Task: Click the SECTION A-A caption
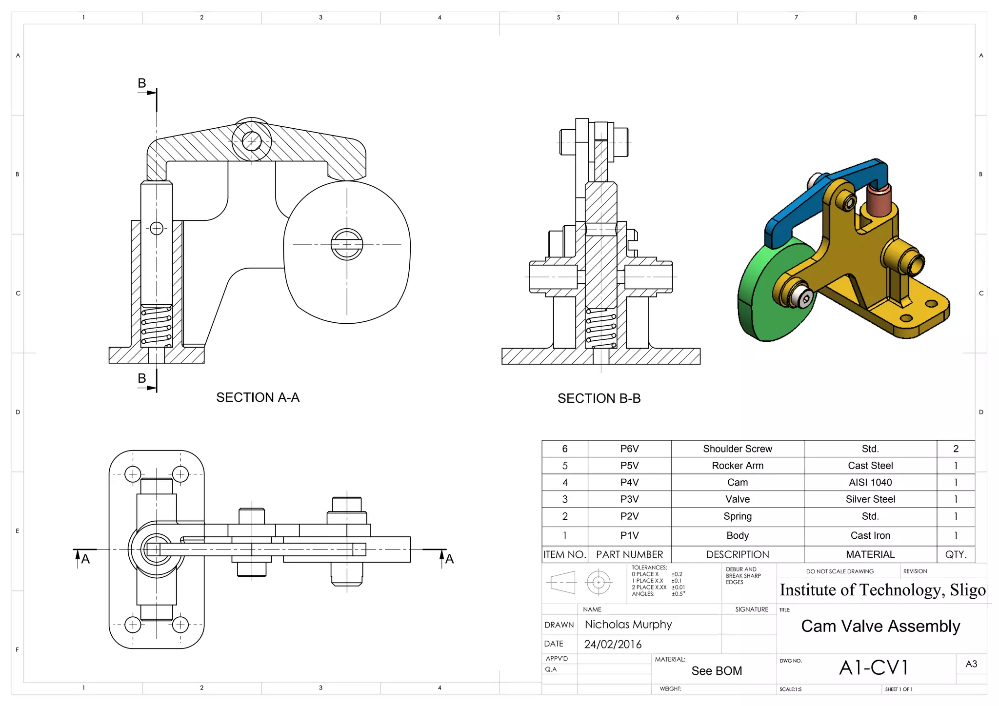[x=258, y=397]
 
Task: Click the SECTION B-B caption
[x=599, y=398]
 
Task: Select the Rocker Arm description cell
[x=737, y=466]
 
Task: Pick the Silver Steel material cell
[x=870, y=499]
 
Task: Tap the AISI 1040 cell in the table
[x=870, y=482]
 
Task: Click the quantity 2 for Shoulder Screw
[x=955, y=449]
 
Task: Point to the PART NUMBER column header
[x=629, y=554]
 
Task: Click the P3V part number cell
[x=629, y=499]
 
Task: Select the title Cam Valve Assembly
[x=880, y=626]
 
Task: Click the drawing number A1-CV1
[x=873, y=667]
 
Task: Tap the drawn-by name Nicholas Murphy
[x=628, y=625]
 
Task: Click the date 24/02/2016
[x=613, y=644]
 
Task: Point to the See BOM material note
[x=716, y=671]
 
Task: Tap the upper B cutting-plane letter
[x=142, y=83]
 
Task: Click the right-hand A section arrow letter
[x=449, y=559]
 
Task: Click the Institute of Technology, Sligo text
[x=882, y=590]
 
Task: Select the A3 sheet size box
[x=971, y=664]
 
